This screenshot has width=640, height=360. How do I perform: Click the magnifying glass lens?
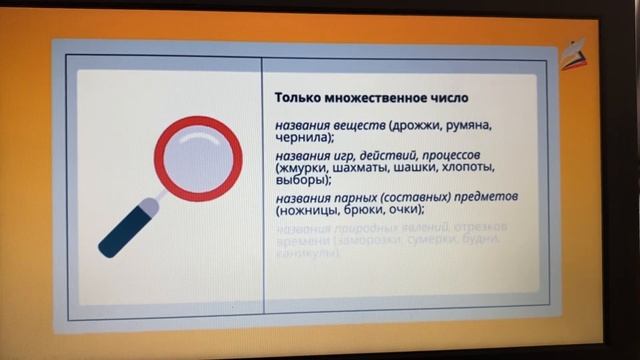(198, 156)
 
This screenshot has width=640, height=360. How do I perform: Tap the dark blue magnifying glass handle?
(123, 232)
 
